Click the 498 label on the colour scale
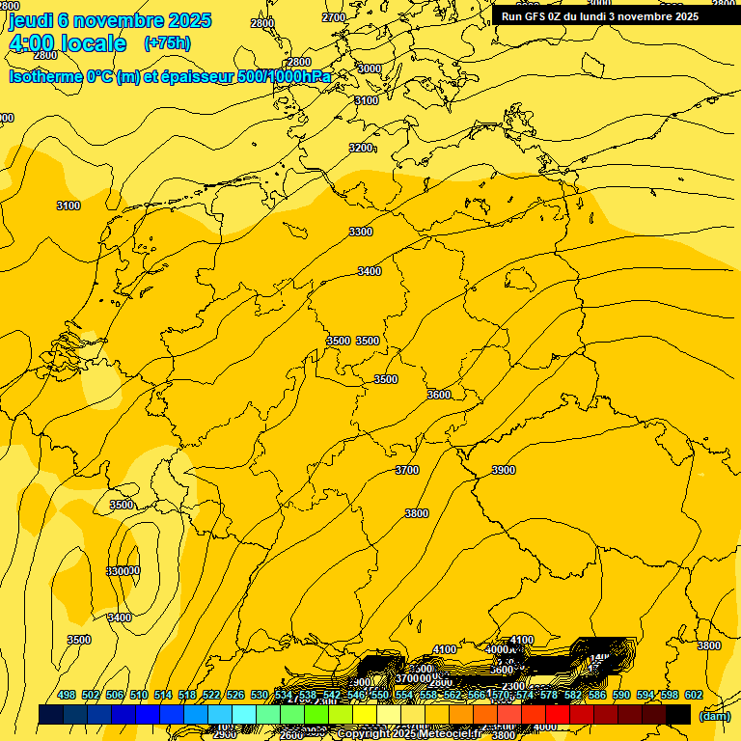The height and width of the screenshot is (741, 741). point(67,695)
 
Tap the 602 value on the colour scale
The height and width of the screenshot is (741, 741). point(694,695)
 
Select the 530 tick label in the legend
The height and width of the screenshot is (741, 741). point(260,695)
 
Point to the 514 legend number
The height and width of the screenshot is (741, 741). point(163,695)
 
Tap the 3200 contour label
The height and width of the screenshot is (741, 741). point(361,148)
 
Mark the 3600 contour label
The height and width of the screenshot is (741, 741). point(439,395)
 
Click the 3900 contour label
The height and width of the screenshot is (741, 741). point(504,470)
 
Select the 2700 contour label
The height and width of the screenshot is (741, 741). point(334,17)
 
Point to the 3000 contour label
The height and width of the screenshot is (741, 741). point(370,69)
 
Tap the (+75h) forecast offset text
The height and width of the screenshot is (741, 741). point(167,43)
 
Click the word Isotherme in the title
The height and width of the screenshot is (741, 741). point(44,76)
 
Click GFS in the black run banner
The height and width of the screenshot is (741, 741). point(537,16)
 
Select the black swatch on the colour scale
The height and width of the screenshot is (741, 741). point(677,714)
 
